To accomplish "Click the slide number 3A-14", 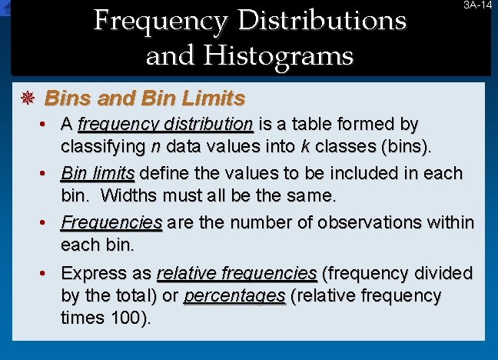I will [x=477, y=5].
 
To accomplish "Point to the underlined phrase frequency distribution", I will [x=165, y=123].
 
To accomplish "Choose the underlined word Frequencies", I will [x=111, y=223].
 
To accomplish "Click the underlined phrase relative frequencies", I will [x=237, y=273].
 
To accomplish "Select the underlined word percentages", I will [x=234, y=296].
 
